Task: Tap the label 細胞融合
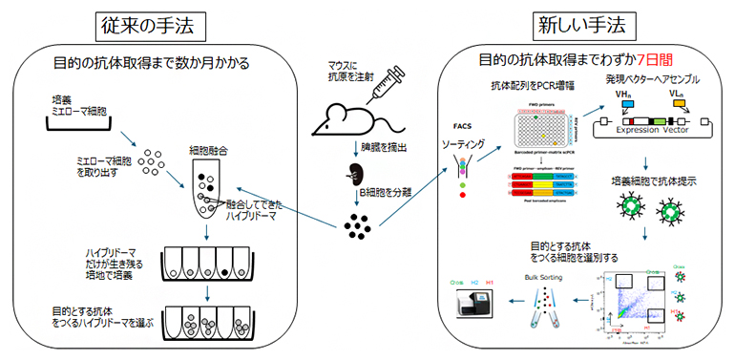click(x=207, y=151)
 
